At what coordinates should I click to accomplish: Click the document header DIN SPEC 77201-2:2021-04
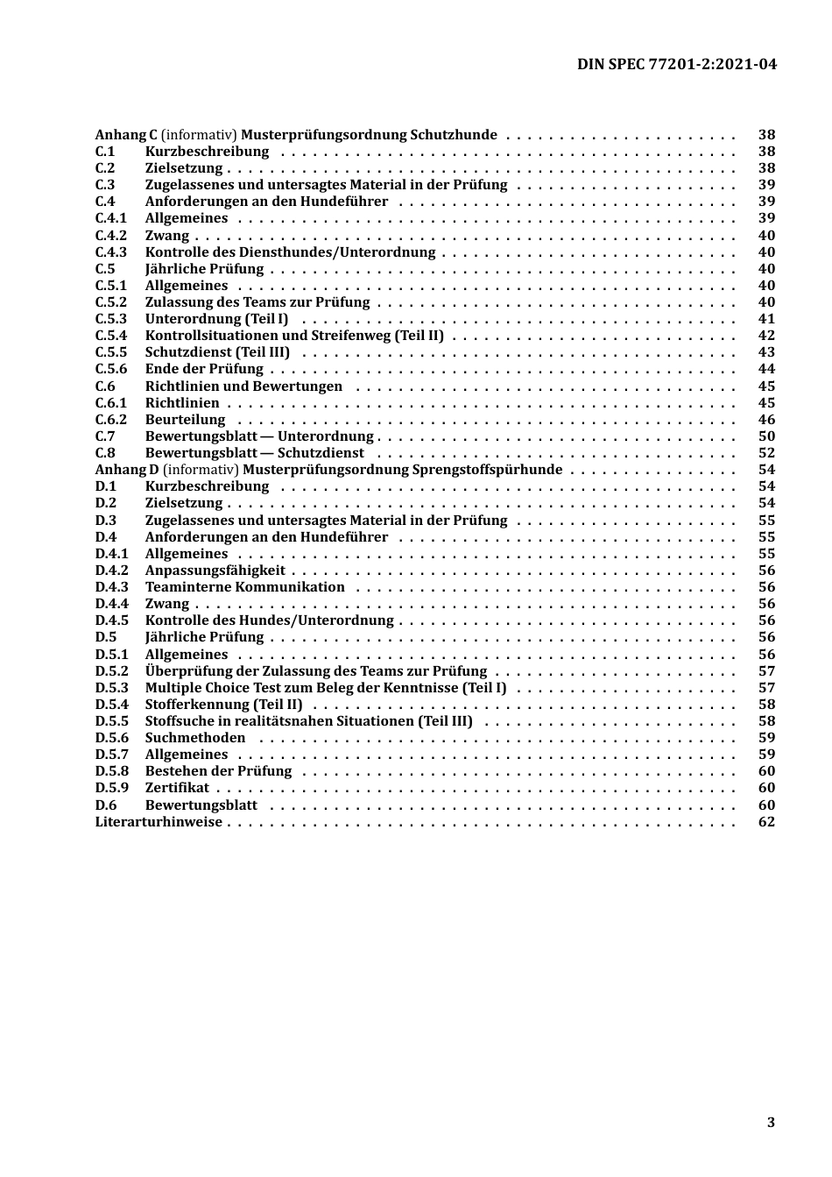(676, 64)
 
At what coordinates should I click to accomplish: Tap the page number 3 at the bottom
(771, 1123)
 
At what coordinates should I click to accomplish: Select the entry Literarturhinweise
(159, 822)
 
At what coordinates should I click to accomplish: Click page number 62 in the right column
(766, 822)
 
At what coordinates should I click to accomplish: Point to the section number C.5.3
(111, 319)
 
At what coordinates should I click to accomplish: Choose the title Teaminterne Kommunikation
(244, 587)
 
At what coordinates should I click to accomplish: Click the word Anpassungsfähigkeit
(215, 571)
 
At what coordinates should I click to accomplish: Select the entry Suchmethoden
(194, 738)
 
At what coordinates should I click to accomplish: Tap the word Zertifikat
(177, 788)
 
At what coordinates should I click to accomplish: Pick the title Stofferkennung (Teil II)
(223, 705)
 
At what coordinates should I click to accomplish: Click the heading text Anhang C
(126, 135)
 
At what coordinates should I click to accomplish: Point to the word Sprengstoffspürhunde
(487, 470)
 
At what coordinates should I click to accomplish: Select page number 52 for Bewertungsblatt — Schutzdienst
(766, 453)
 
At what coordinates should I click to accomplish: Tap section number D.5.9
(111, 788)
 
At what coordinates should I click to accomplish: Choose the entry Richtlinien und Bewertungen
(243, 386)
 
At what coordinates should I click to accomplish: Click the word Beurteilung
(185, 420)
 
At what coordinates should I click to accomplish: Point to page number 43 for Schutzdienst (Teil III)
(766, 352)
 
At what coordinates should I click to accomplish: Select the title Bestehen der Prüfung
(218, 771)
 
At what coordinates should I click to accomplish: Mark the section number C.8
(105, 453)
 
